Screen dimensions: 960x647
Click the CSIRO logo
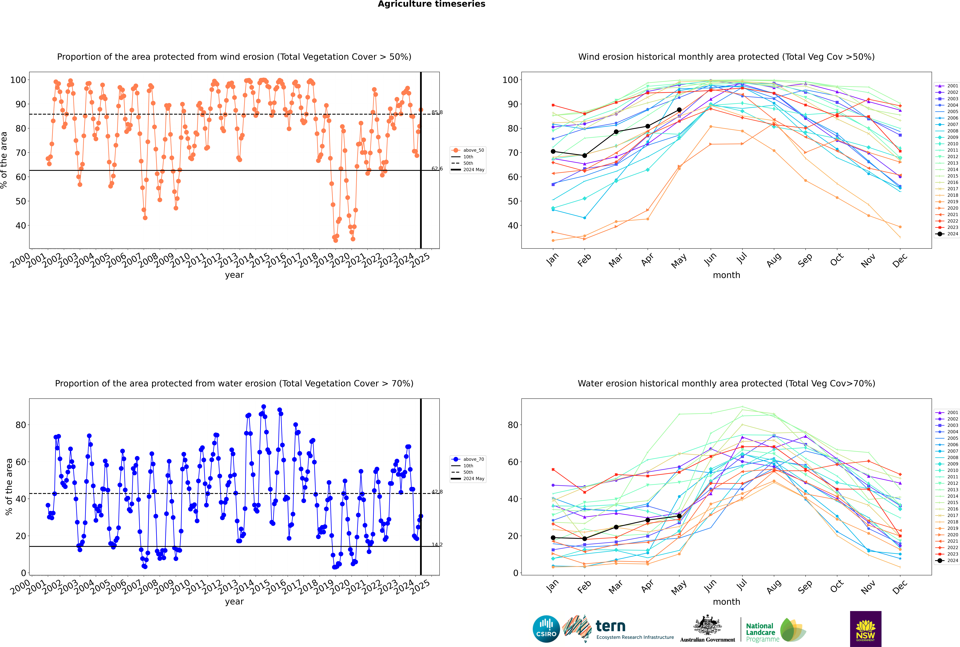pos(546,629)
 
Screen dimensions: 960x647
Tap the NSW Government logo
pos(865,628)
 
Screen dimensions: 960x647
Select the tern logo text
pos(611,626)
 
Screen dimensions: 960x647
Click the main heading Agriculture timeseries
pos(431,4)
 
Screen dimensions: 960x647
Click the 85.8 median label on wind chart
pos(437,112)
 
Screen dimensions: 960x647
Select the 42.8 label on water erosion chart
pos(437,492)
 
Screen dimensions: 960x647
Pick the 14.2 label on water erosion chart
pos(437,545)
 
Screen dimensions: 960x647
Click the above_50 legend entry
pos(468,150)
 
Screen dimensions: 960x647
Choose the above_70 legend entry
pos(468,459)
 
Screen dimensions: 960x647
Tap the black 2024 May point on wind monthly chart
pos(679,110)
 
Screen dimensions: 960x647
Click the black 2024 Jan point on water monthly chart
pos(553,538)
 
